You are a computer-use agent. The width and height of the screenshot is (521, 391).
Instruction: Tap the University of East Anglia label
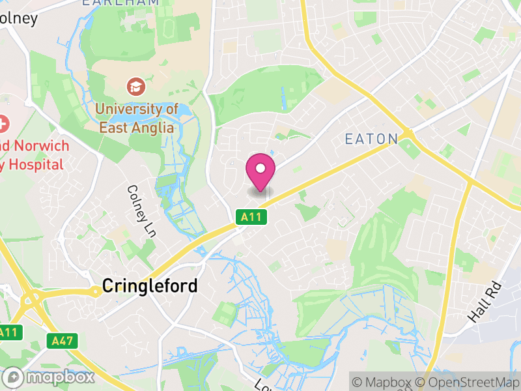tap(136, 118)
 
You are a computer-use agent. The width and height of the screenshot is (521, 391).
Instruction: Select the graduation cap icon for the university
tap(136, 85)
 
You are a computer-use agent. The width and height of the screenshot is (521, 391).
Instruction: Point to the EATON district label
tap(371, 139)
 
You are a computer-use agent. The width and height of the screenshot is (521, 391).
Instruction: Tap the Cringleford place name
tap(150, 286)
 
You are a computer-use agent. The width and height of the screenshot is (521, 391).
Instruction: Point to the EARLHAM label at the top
tap(120, 3)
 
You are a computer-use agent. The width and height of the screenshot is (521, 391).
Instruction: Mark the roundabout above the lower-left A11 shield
tap(30, 301)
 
